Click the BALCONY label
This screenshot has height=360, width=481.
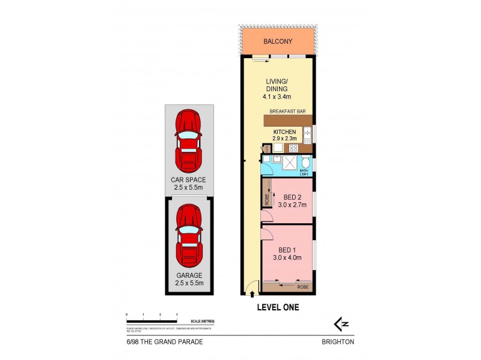tap(277, 41)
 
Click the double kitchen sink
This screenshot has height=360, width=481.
tap(307, 133)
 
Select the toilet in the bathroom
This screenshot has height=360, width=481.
tap(306, 163)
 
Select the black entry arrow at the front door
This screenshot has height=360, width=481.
tap(251, 293)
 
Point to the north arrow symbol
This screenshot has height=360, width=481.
tap(341, 325)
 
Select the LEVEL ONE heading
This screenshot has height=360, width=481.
tap(278, 307)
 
